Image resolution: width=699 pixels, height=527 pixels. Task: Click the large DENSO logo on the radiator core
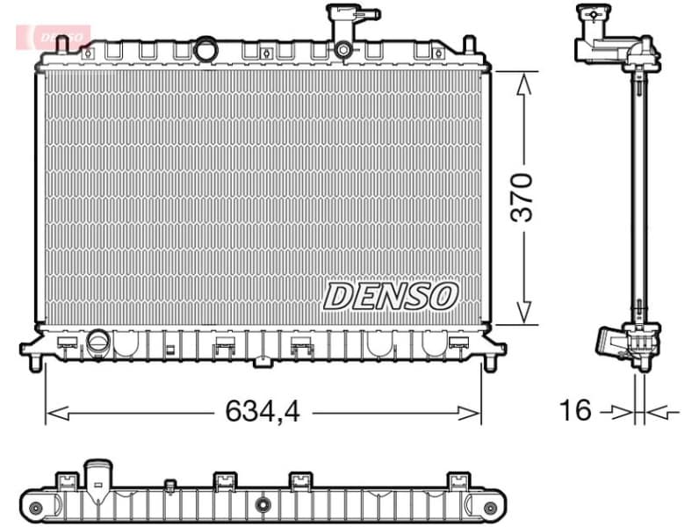pos(391,296)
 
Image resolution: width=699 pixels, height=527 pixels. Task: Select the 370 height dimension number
pos(522,198)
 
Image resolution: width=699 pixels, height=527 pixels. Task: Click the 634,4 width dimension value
pos(263,411)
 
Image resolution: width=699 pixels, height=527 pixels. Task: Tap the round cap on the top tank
pos(205,49)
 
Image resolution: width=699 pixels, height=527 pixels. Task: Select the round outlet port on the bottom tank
pos(97,341)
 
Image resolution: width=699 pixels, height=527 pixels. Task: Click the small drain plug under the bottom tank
pos(262,359)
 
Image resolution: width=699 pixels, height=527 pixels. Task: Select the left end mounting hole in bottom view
pos(36,508)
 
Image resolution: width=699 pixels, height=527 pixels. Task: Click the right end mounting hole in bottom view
pos(490,508)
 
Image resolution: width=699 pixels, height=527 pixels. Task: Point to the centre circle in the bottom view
pos(263,504)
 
